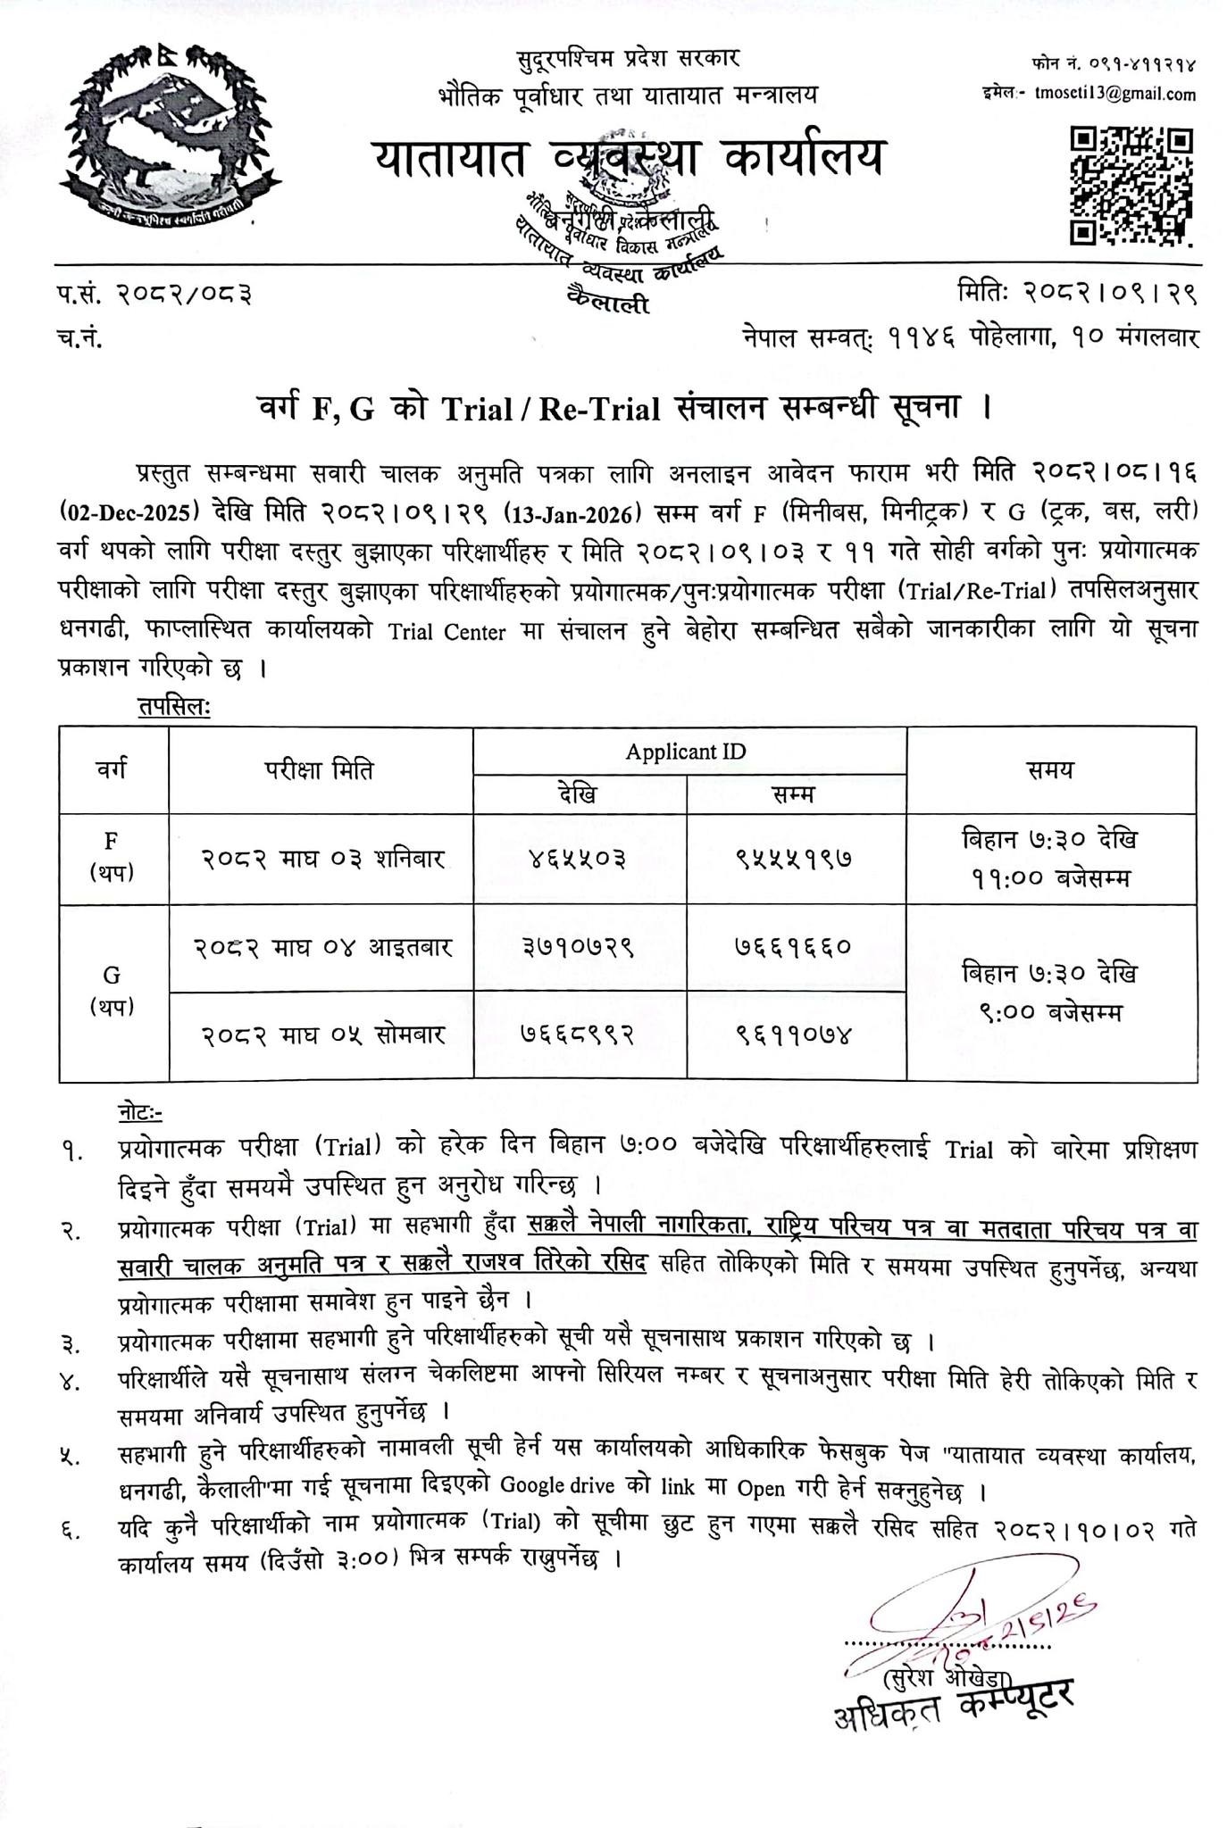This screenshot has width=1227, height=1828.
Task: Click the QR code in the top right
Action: point(1131,185)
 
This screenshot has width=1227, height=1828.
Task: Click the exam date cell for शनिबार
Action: point(321,859)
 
